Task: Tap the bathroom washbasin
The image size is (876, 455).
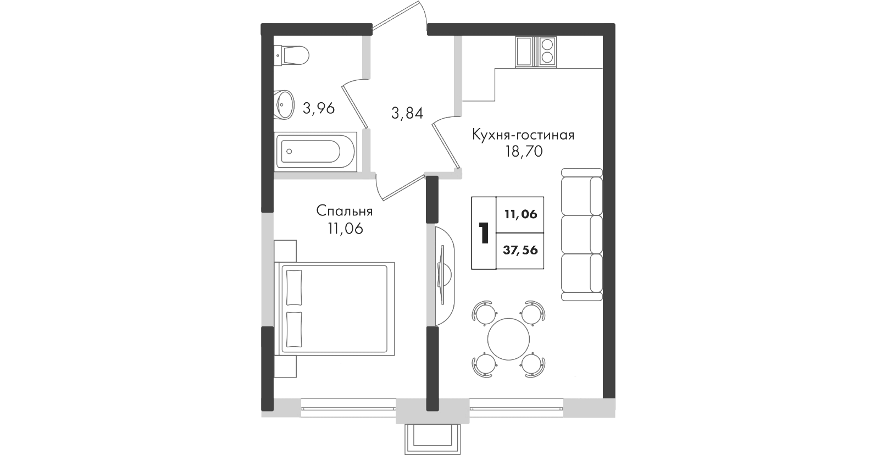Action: click(x=284, y=105)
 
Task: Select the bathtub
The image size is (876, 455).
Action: click(x=315, y=152)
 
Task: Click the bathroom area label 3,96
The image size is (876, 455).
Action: click(x=319, y=108)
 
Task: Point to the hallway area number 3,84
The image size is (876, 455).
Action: click(x=407, y=113)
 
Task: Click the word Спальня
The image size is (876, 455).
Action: click(x=345, y=211)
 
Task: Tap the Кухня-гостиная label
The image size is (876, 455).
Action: click(x=523, y=135)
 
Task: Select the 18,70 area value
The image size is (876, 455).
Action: click(x=524, y=151)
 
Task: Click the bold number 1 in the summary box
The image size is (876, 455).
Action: click(x=484, y=233)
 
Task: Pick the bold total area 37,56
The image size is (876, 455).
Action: click(x=520, y=250)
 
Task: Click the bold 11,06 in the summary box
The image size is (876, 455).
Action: click(x=520, y=214)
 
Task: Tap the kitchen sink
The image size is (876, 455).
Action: click(x=524, y=52)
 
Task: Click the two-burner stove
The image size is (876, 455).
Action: click(x=547, y=52)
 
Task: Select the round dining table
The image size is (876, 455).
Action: click(x=508, y=339)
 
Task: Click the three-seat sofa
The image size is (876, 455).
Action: click(x=581, y=235)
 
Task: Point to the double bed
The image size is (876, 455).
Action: click(x=334, y=309)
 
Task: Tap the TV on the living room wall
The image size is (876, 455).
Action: click(x=443, y=275)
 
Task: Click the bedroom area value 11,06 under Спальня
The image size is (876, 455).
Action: click(x=345, y=229)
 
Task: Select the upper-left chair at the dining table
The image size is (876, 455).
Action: click(x=485, y=313)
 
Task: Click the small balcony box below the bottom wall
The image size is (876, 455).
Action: click(x=433, y=440)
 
